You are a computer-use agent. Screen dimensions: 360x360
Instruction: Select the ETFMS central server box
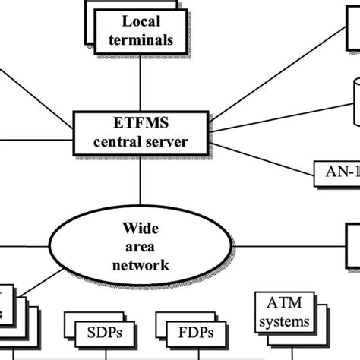tap(141, 131)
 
